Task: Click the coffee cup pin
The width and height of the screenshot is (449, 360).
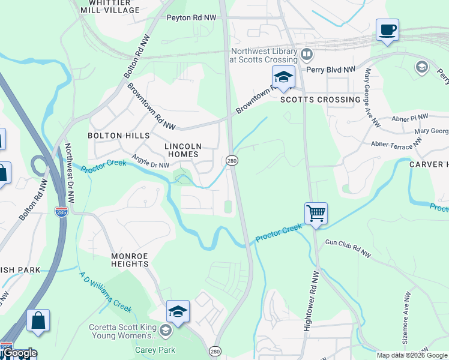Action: point(387,30)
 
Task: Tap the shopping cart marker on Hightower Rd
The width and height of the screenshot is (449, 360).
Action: point(316,214)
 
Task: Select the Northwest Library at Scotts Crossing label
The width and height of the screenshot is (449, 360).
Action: point(264,55)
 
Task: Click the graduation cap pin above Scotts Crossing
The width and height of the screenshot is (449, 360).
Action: point(283,77)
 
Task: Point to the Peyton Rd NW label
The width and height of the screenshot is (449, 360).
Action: point(191,18)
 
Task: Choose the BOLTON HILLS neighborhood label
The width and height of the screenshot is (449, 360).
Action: point(113,136)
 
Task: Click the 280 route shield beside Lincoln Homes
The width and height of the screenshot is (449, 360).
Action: point(231,160)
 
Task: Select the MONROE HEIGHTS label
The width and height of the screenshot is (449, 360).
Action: point(130,259)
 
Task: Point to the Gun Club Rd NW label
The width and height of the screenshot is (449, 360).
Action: point(348,248)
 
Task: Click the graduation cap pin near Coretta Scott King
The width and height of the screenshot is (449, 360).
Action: point(178,311)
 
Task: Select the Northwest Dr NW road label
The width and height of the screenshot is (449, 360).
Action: point(68,173)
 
